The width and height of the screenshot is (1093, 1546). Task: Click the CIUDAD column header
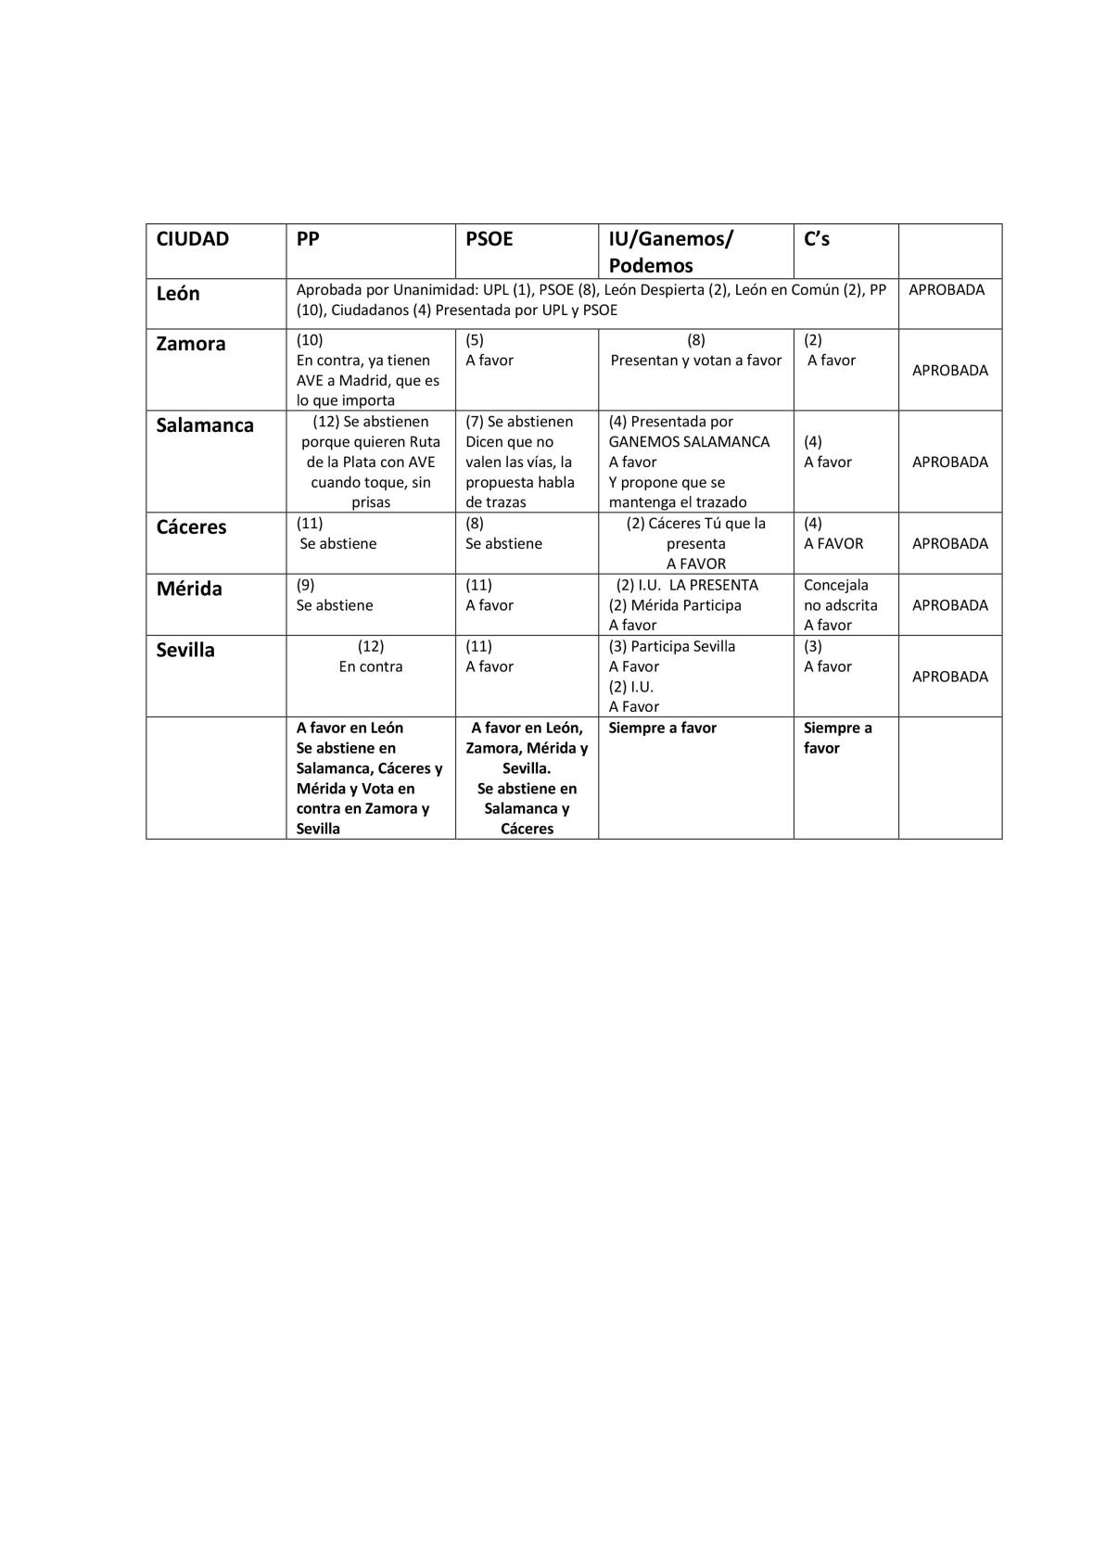[192, 239]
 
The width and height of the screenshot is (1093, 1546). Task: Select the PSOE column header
[489, 239]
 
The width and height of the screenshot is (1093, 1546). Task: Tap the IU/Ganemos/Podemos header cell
[670, 251]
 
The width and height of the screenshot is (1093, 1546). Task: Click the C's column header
[817, 239]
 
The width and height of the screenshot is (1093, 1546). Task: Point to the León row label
[178, 294]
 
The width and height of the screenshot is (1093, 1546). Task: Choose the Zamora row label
[191, 344]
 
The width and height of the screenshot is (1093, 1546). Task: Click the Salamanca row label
[205, 425]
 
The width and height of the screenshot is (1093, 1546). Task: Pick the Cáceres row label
[191, 527]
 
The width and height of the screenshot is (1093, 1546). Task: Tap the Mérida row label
[189, 589]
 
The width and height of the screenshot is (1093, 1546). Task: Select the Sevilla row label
[185, 650]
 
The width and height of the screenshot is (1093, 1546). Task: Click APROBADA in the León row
[947, 289]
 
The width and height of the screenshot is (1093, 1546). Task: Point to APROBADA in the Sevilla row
[950, 677]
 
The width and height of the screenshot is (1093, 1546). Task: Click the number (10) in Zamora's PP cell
[310, 340]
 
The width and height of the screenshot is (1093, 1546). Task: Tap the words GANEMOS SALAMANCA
[689, 442]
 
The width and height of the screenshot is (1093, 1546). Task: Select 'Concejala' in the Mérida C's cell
[836, 585]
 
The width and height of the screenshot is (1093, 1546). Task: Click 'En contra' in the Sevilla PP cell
[371, 666]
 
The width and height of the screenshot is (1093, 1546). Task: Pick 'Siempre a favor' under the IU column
[662, 728]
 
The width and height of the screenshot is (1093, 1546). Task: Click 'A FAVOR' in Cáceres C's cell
[833, 543]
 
